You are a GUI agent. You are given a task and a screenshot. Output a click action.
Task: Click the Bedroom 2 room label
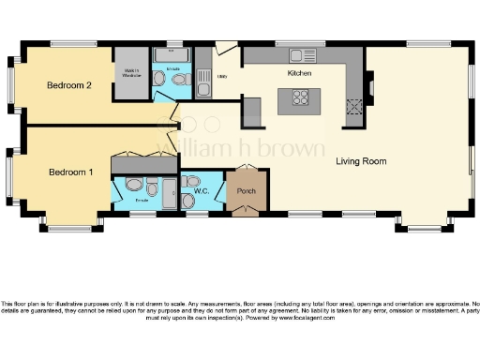[69, 85]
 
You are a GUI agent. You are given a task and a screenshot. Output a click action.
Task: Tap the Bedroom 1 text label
[71, 172]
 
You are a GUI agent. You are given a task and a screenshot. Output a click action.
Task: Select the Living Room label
[361, 161]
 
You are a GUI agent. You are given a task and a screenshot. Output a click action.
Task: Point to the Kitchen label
[299, 73]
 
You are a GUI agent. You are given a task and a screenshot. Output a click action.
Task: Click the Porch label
[247, 192]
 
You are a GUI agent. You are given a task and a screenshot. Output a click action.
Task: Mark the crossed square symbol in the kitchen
[355, 106]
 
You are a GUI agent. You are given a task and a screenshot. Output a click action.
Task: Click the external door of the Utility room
[227, 46]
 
